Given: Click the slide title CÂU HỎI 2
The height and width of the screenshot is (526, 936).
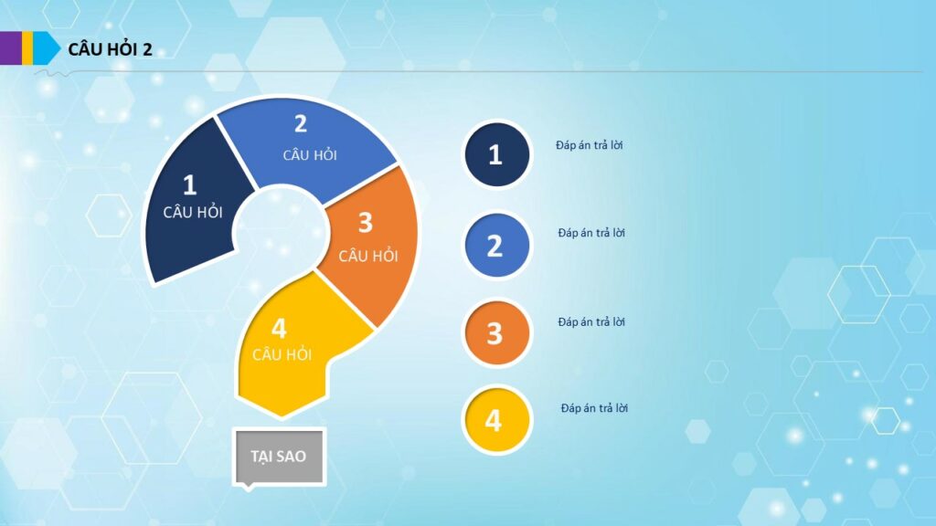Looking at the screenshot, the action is tap(110, 49).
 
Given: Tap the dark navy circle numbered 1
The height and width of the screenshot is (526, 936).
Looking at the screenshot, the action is tap(496, 154).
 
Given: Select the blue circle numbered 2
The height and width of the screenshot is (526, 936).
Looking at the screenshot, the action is tap(496, 246).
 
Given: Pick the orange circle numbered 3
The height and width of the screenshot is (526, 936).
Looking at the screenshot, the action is tap(496, 332).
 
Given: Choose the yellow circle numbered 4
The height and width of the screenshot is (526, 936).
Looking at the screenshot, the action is tap(496, 420).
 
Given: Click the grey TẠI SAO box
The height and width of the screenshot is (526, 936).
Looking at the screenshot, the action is tap(279, 457).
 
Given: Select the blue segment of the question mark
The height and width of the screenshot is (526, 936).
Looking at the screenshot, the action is tap(304, 149).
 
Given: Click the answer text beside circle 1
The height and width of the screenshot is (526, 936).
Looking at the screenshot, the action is tap(590, 145).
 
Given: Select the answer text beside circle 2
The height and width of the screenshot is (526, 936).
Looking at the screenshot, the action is tap(591, 233).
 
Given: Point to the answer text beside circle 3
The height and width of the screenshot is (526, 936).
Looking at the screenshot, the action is tap(591, 321).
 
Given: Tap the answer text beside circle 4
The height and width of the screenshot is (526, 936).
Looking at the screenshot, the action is tap(594, 408).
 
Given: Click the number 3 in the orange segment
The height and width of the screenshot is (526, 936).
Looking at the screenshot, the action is tap(366, 223).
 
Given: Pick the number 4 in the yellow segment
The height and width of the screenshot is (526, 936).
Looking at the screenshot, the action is tap(279, 329).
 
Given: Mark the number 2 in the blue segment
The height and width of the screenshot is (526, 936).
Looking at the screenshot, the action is tap(300, 124).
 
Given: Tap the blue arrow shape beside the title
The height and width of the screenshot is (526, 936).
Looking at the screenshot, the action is tap(46, 47).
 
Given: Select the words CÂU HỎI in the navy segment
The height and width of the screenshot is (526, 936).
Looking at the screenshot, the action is tap(193, 212).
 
